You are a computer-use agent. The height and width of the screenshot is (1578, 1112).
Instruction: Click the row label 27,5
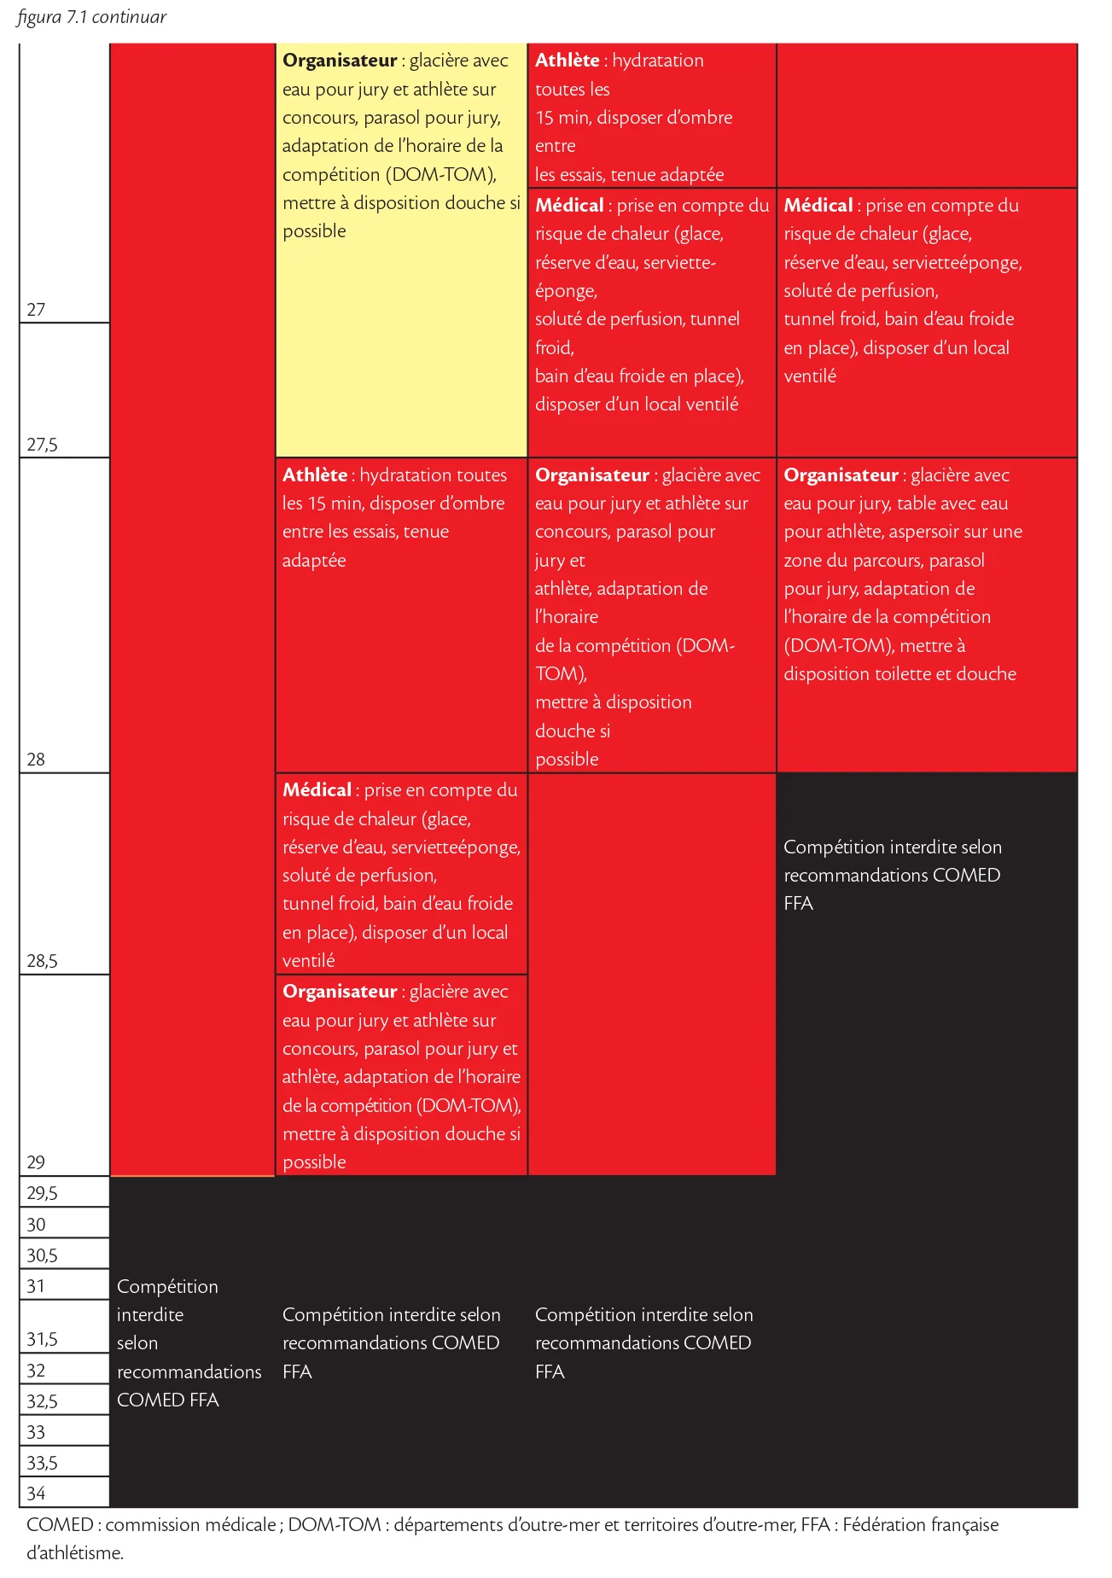[42, 445]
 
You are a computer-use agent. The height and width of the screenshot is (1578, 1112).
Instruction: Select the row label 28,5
[42, 961]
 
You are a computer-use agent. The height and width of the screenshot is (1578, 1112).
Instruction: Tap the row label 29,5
[42, 1193]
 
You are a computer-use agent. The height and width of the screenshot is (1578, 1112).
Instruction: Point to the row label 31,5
[42, 1339]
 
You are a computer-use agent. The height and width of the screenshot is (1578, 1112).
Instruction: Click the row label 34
[36, 1494]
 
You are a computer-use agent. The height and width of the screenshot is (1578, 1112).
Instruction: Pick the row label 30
[36, 1225]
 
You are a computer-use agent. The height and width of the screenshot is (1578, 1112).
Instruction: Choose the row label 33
[36, 1432]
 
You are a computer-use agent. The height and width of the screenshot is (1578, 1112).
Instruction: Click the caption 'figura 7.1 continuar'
[91, 17]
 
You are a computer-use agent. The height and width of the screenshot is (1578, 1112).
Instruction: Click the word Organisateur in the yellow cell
[340, 61]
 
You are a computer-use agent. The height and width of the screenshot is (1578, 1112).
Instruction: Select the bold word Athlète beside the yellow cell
[567, 61]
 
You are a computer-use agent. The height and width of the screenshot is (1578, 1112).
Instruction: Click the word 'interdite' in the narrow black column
[150, 1315]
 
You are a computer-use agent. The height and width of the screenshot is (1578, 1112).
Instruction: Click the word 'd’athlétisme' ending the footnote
[74, 1553]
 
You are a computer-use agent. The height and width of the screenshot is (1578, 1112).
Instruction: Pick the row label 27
[36, 310]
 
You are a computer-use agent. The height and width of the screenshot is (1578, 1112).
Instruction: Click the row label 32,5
[42, 1401]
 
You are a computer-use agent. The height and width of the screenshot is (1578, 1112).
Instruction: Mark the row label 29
[36, 1162]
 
